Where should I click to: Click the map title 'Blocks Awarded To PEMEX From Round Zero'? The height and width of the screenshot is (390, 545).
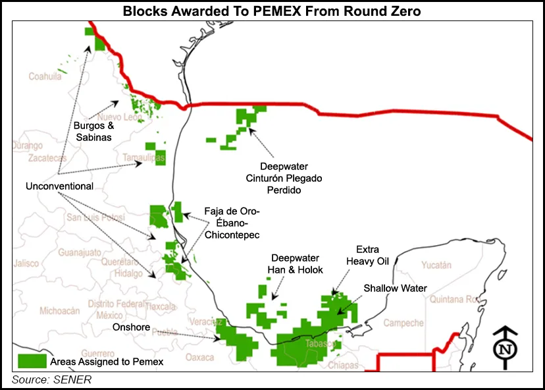pos(272,11)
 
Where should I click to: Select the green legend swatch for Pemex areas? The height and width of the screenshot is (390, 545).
pos(32,361)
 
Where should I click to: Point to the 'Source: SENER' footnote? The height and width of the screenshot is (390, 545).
pos(51,379)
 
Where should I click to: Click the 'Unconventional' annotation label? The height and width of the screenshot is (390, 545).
pos(59,186)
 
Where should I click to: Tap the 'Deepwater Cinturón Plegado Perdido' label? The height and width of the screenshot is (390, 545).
pos(290,178)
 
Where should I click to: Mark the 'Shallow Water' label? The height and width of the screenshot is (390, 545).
pos(396,289)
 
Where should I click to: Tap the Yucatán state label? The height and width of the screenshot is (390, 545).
pos(437,265)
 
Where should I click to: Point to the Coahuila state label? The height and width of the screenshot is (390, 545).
pos(45,76)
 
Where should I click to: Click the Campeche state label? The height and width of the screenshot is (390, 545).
pos(403,323)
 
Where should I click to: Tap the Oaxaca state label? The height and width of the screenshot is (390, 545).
pos(199,357)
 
